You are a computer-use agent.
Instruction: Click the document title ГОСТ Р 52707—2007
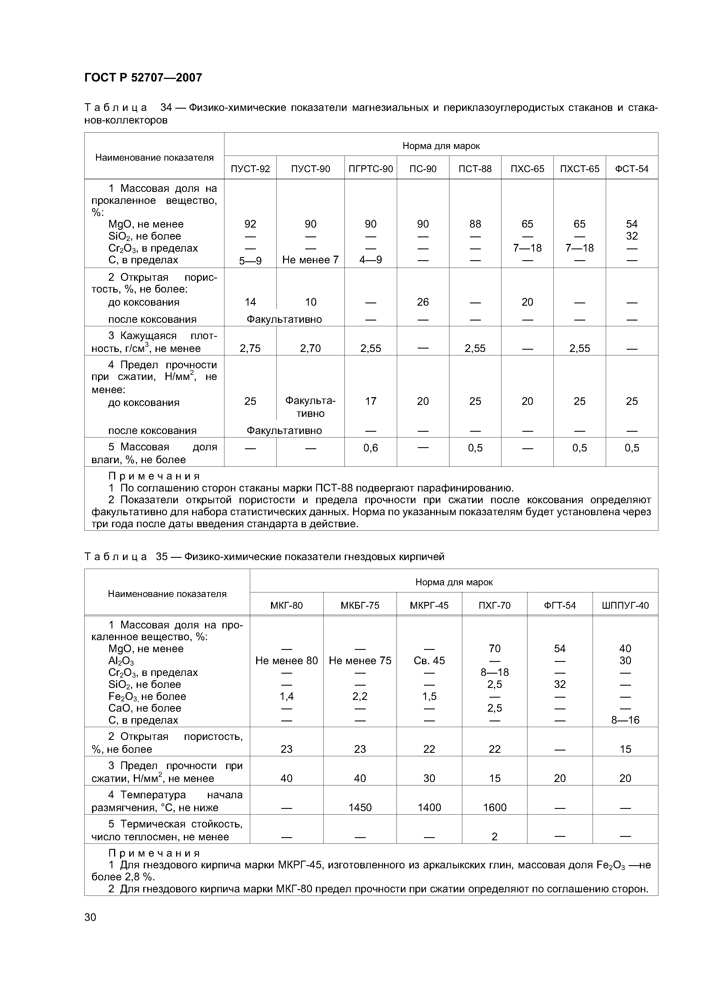(x=143, y=78)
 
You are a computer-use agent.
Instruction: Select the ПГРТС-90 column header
(x=371, y=169)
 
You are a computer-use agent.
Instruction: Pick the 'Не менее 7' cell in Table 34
(x=310, y=260)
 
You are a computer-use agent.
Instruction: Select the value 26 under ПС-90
(x=423, y=302)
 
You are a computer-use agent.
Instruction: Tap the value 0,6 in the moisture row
(x=371, y=448)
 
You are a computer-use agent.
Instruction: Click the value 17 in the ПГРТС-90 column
(x=371, y=401)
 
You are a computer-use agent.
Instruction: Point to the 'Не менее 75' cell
(x=360, y=660)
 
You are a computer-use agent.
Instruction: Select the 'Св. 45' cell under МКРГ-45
(x=429, y=660)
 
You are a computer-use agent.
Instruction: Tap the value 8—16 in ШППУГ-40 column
(x=625, y=720)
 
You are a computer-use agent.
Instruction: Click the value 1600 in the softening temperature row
(x=495, y=807)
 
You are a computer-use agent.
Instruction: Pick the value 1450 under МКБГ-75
(x=360, y=807)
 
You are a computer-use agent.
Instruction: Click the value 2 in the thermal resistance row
(x=495, y=837)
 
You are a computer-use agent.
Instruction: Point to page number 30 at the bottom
(x=90, y=917)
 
